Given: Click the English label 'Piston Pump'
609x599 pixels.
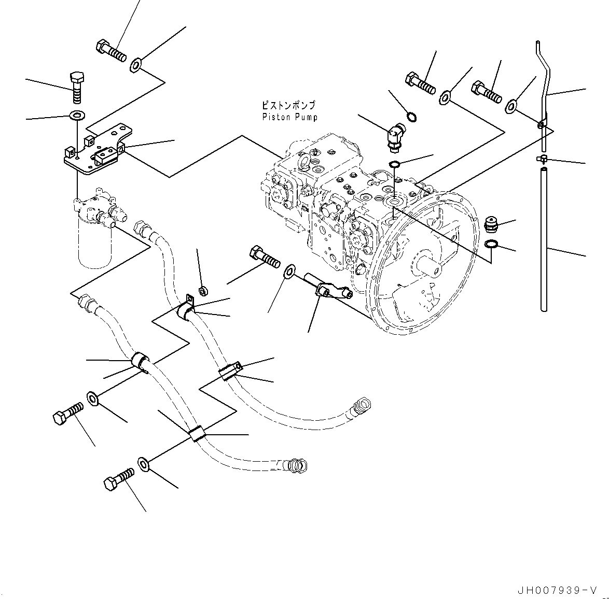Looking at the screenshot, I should click(x=290, y=117).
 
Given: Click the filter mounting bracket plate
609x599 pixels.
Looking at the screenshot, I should click(x=96, y=150).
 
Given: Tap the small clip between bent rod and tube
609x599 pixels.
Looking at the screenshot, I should click(x=541, y=159).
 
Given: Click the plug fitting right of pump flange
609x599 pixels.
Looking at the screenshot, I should click(x=490, y=225).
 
